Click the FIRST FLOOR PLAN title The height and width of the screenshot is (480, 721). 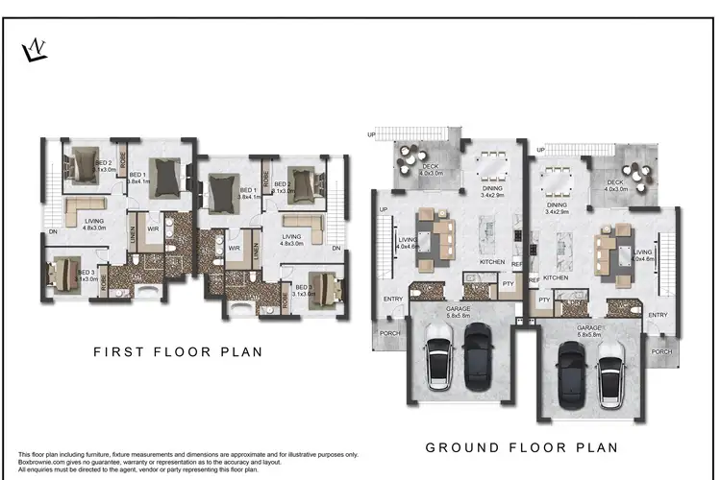pyautogui.click(x=178, y=352)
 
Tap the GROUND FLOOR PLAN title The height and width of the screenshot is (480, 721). pyautogui.click(x=522, y=447)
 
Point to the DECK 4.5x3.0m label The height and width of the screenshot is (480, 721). pyautogui.click(x=432, y=171)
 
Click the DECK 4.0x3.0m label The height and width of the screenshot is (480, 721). pyautogui.click(x=616, y=185)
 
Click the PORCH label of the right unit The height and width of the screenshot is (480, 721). pyautogui.click(x=661, y=351)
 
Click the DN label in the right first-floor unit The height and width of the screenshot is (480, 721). pyautogui.click(x=336, y=249)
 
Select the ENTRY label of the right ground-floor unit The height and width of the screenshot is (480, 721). pyautogui.click(x=658, y=315)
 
